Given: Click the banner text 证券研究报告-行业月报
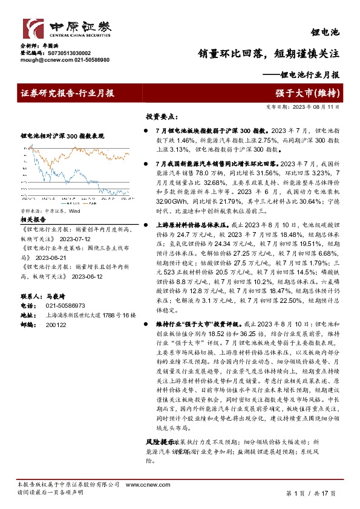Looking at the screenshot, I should point(67,93).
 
